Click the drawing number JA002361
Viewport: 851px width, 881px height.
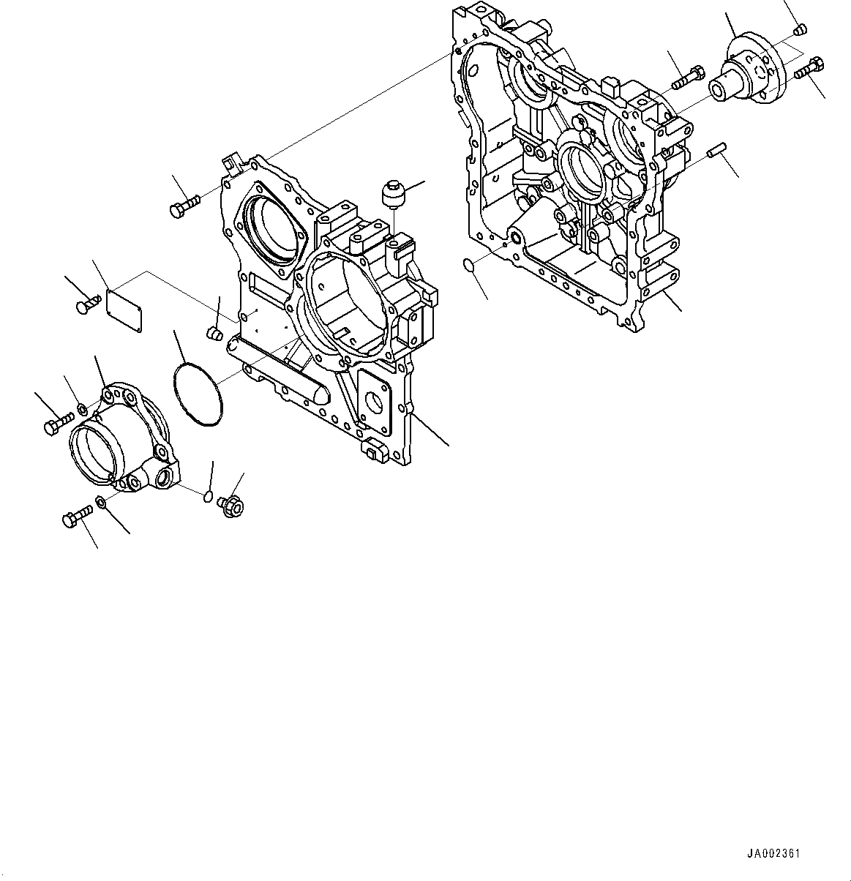coord(773,853)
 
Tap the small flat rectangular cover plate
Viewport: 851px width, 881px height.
coord(124,304)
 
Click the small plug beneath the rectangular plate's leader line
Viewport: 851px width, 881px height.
coord(214,334)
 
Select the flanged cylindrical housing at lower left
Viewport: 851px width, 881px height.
coord(121,443)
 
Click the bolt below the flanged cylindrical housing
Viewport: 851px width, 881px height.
coord(75,518)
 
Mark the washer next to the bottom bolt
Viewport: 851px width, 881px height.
coord(100,505)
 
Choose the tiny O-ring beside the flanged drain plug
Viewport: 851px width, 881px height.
coord(208,498)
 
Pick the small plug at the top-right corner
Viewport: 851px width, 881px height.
coord(800,30)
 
